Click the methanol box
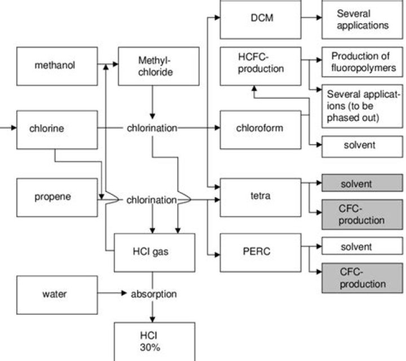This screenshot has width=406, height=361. (x=55, y=65)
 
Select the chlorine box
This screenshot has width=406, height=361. (x=55, y=128)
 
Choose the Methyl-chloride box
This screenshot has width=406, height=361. (x=154, y=65)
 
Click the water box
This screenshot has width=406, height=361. (x=55, y=294)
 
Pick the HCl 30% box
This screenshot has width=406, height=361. (x=154, y=341)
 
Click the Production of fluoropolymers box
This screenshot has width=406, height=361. (x=362, y=62)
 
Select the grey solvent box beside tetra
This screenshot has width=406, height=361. (x=362, y=184)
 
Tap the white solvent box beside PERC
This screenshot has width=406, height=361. (x=362, y=247)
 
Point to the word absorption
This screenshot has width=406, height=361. (x=154, y=294)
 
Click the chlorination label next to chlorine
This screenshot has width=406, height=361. (x=152, y=128)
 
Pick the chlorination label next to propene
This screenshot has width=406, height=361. (x=152, y=200)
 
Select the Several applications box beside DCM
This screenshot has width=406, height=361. (x=362, y=20)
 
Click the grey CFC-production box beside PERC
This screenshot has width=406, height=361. (x=362, y=277)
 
